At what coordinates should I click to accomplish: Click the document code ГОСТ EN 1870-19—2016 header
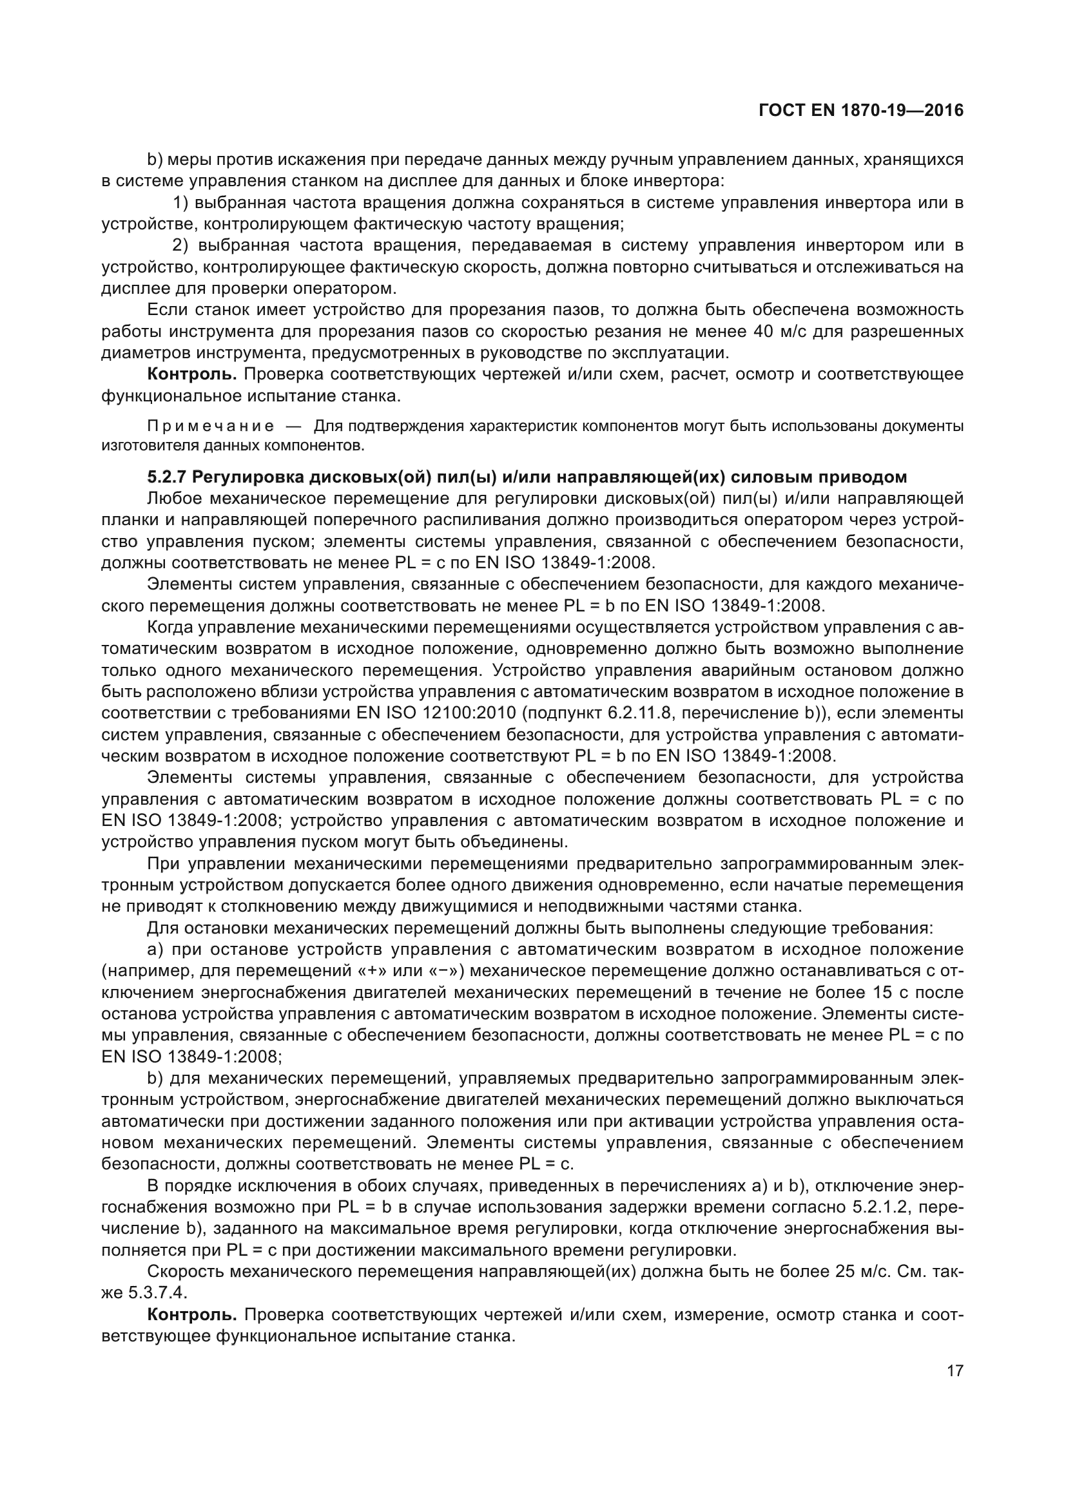tap(860, 110)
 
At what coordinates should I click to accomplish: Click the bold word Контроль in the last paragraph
tap(191, 1315)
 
